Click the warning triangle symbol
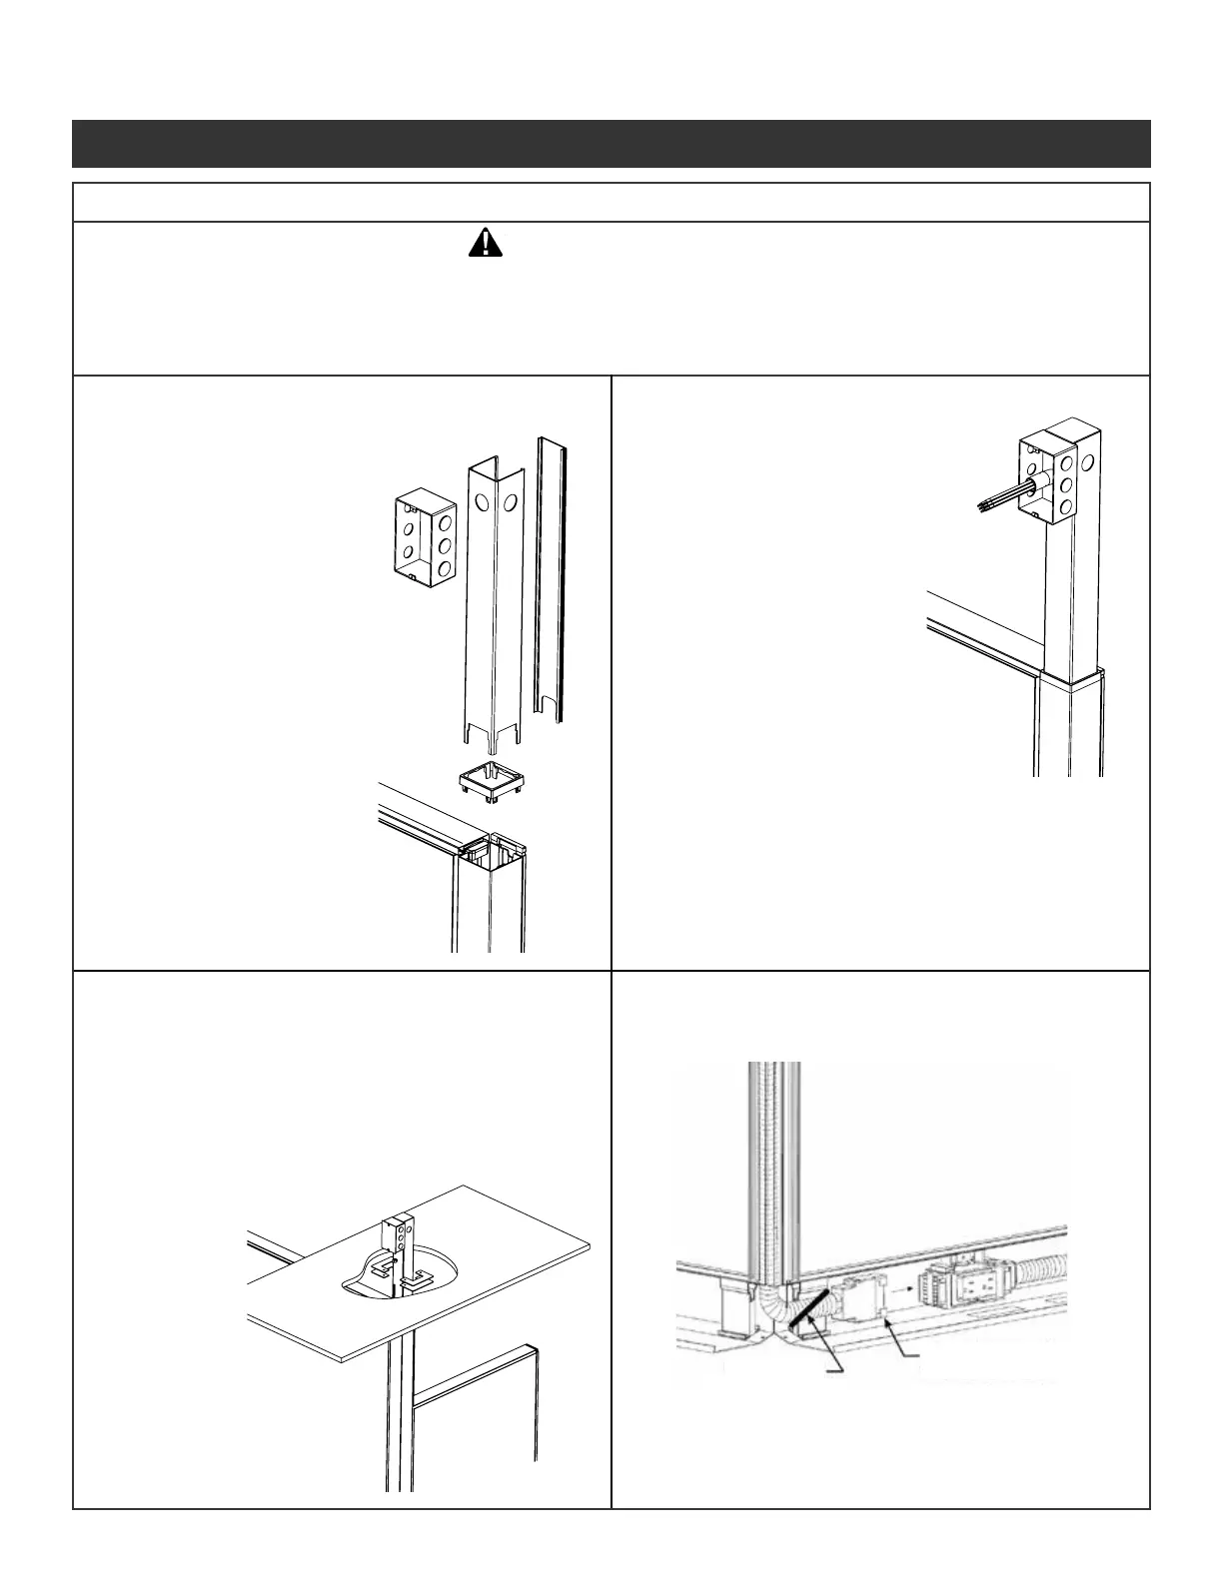(485, 242)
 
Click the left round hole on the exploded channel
(482, 503)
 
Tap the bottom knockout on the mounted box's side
(1066, 506)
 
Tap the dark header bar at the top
(611, 144)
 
